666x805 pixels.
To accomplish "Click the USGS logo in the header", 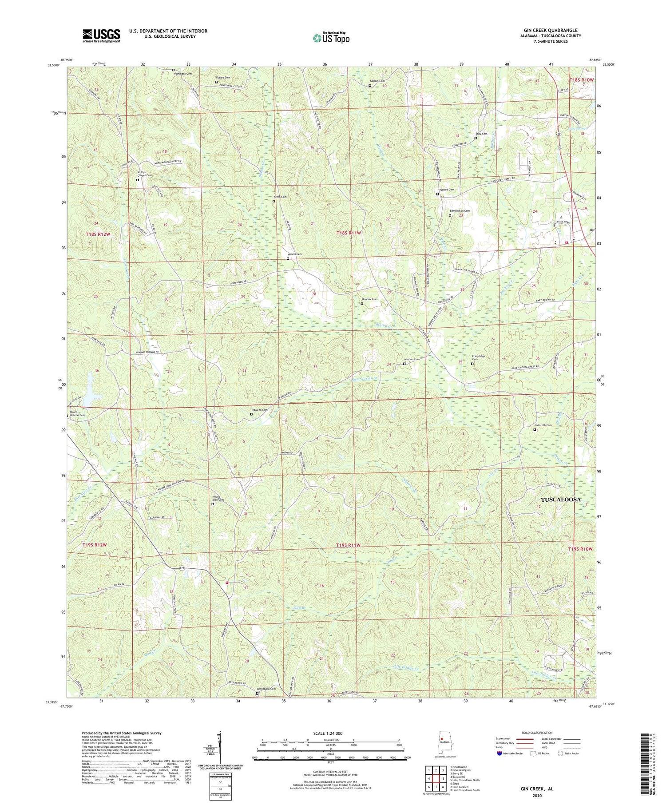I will pyautogui.click(x=101, y=35).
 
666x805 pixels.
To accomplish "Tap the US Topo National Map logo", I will pyautogui.click(x=331, y=37).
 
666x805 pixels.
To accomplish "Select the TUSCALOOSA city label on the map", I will pyautogui.click(x=561, y=499).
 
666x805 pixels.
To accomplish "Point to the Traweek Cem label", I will pyautogui.click(x=259, y=410).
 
